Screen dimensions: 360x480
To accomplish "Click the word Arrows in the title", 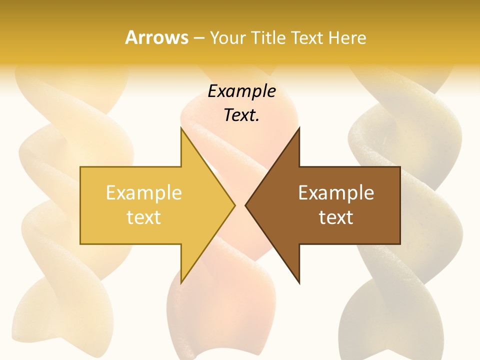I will coord(156,37).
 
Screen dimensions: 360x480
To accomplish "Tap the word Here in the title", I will coord(347,37).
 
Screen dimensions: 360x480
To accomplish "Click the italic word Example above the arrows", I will coord(242,91).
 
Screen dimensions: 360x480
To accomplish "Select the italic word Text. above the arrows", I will coord(242,115).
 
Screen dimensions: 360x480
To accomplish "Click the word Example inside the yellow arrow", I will coord(144,192).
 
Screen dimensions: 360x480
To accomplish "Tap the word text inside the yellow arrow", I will coord(144,217).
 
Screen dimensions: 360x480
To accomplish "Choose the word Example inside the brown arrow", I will coord(336,192).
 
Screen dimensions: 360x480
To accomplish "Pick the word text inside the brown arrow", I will coord(336,217).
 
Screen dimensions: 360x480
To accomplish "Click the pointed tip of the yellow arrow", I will coord(235,205).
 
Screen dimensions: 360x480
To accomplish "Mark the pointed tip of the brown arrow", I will coord(245,205).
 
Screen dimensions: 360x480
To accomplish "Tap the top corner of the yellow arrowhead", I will coord(181,128).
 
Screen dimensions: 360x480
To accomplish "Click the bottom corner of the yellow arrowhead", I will coord(181,283).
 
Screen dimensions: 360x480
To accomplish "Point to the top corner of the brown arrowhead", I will coord(299,128).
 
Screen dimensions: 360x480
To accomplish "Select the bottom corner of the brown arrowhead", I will coord(299,283).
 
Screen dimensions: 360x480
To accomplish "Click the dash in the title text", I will coord(199,38).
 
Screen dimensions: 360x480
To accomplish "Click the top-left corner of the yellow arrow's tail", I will coord(80,167).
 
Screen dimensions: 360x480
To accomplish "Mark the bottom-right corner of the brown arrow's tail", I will coord(400,244).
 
